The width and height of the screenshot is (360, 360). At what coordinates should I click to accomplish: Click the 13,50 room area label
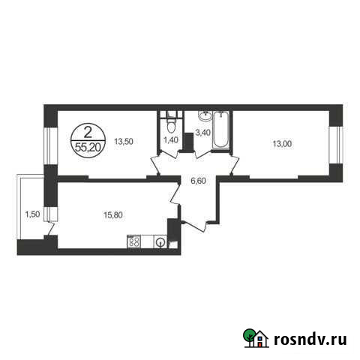click(x=124, y=139)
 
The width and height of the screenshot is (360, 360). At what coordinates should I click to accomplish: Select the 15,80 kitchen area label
click(x=114, y=214)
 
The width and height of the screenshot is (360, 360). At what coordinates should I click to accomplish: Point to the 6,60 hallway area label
click(x=199, y=180)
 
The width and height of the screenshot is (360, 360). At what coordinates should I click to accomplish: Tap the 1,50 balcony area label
click(x=32, y=213)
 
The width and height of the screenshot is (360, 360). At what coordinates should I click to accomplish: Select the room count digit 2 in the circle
click(x=88, y=133)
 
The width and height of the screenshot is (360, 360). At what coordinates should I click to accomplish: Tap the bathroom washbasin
click(x=202, y=116)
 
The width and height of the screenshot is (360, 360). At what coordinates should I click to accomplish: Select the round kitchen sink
click(x=160, y=241)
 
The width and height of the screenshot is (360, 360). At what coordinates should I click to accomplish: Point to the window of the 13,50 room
click(x=46, y=142)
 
